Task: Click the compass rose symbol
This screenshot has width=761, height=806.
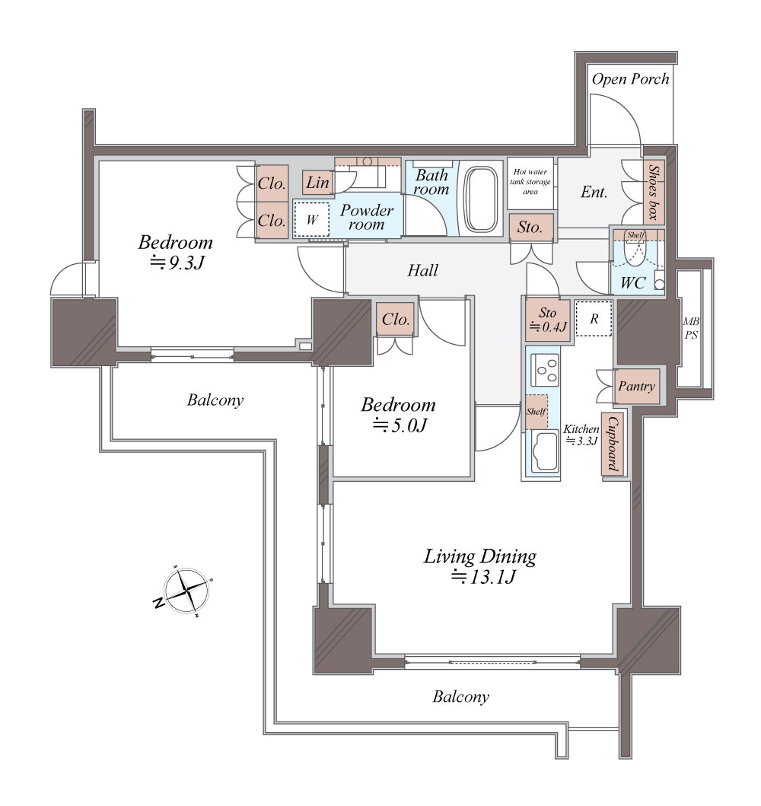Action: pyautogui.click(x=186, y=591)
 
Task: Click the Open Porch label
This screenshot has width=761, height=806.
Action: pyautogui.click(x=630, y=78)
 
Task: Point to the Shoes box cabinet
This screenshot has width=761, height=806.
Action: pyautogui.click(x=654, y=191)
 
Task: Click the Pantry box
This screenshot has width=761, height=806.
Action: pyautogui.click(x=637, y=386)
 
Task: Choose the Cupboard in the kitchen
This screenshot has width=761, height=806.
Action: pyautogui.click(x=613, y=444)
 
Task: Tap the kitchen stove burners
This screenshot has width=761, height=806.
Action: pyautogui.click(x=545, y=370)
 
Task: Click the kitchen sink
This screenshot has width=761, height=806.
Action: pyautogui.click(x=545, y=451)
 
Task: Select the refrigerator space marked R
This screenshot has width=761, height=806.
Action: pyautogui.click(x=594, y=319)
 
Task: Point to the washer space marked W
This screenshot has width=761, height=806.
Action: pyautogui.click(x=311, y=219)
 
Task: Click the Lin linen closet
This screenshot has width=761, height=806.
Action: pyautogui.click(x=317, y=182)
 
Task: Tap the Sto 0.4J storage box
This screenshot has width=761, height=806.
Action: pyautogui.click(x=548, y=320)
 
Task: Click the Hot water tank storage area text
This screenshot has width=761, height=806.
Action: pyautogui.click(x=530, y=181)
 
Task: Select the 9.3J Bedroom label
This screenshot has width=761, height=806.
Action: pyautogui.click(x=176, y=252)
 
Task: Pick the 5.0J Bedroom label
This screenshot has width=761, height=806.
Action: pyautogui.click(x=398, y=414)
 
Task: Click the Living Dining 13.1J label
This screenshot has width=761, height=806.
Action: pyautogui.click(x=480, y=566)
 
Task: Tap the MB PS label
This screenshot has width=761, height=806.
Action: pyautogui.click(x=691, y=328)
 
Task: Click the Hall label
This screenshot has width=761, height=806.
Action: pyautogui.click(x=423, y=270)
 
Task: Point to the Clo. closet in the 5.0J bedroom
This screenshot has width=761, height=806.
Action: pyautogui.click(x=396, y=320)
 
